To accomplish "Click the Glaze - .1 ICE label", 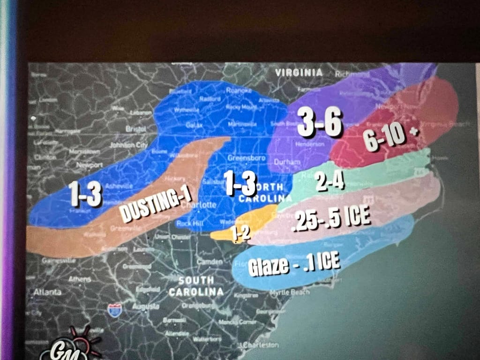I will click(293, 263).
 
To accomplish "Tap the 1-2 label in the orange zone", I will click(241, 234).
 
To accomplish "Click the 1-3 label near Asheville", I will click(84, 193).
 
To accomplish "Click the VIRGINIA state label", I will click(299, 73).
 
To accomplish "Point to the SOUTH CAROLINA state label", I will click(196, 286).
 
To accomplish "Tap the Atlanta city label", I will click(47, 292).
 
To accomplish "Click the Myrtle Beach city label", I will click(290, 292).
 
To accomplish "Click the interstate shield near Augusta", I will click(114, 310).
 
